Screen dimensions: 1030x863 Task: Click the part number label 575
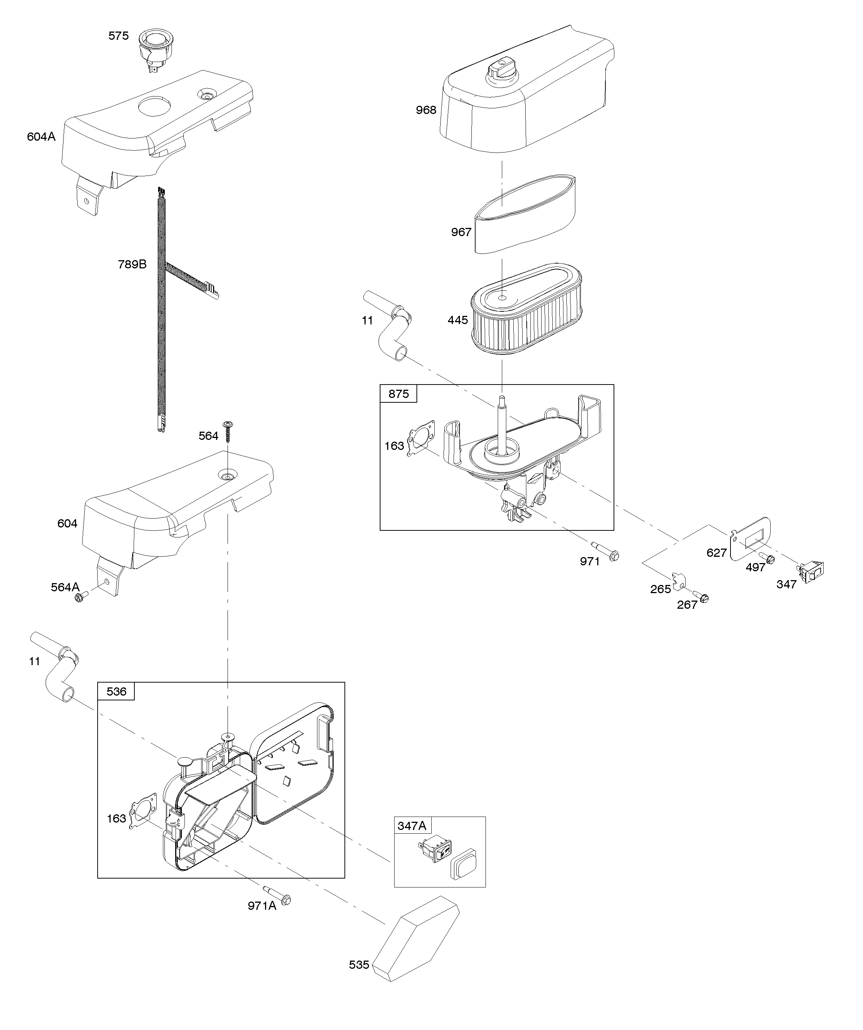click(x=118, y=36)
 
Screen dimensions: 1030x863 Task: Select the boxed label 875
click(x=398, y=394)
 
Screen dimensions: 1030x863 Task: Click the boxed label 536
click(x=116, y=691)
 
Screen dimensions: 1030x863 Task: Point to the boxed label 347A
click(x=412, y=826)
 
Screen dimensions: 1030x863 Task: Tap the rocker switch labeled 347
click(x=813, y=571)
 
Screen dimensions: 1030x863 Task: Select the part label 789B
click(x=132, y=264)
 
